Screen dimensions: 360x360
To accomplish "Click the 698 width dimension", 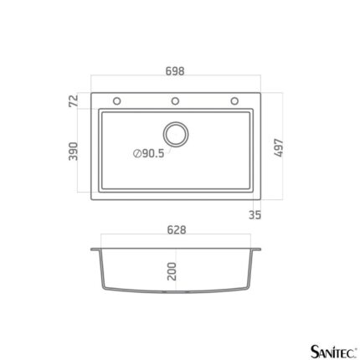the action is (175, 71).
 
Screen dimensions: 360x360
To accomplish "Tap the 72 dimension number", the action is (74, 100).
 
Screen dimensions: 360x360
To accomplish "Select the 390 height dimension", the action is (73, 152).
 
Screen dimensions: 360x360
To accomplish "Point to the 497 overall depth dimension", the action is (279, 148).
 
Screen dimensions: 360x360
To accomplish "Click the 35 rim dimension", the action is (255, 214).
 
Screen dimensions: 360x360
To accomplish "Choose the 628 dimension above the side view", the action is (177, 230).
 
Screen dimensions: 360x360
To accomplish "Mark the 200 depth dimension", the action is (172, 271).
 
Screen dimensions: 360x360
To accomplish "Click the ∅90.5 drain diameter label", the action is (149, 153).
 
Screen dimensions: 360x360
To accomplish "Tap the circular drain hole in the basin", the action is (176, 134).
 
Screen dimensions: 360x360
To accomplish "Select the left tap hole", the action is (117, 101).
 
